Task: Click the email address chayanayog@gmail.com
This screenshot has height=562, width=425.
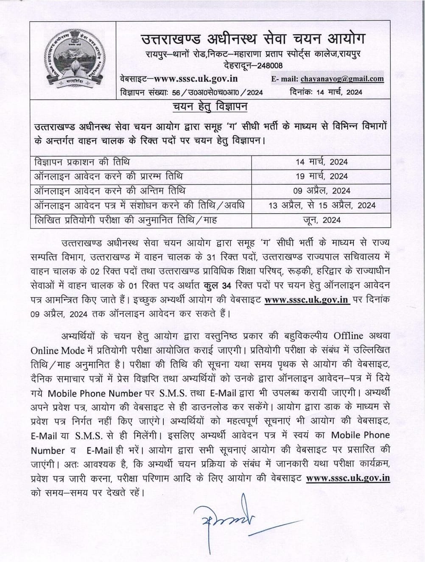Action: click(x=342, y=79)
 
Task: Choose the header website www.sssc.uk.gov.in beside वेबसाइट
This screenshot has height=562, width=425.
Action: click(x=195, y=79)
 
